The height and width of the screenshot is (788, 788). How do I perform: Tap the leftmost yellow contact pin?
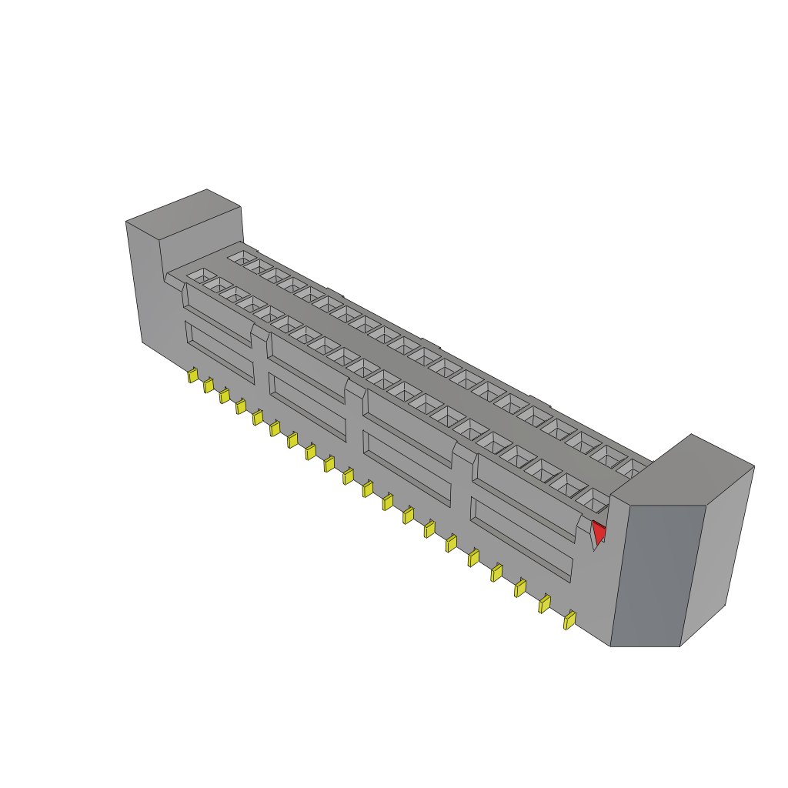click(x=192, y=376)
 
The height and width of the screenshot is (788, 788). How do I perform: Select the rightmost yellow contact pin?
click(x=569, y=619)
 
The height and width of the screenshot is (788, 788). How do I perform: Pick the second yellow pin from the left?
click(x=208, y=386)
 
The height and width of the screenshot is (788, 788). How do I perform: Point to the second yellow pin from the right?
click(x=545, y=603)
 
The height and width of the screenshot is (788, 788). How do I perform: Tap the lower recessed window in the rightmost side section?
click(x=522, y=539)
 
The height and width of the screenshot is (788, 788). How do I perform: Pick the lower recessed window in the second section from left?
click(x=306, y=396)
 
